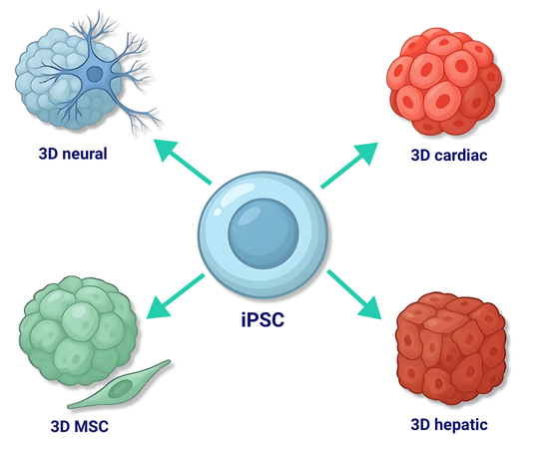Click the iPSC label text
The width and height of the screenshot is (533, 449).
(x=263, y=319)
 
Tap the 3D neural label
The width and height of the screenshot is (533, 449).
(x=73, y=154)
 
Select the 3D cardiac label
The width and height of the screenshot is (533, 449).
(x=449, y=155)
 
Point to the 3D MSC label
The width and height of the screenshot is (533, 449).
(x=80, y=426)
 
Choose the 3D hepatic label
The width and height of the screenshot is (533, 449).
(x=449, y=425)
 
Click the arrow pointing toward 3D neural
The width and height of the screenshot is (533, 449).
(x=183, y=162)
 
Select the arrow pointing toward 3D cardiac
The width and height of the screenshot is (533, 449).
(x=349, y=165)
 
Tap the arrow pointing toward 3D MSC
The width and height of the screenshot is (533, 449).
(x=176, y=296)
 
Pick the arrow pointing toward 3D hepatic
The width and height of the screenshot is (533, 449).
(x=354, y=294)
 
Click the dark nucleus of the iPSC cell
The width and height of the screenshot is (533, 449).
(x=264, y=233)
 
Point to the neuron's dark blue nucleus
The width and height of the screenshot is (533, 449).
(x=94, y=74)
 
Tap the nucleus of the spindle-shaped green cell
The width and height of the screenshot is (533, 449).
(x=121, y=388)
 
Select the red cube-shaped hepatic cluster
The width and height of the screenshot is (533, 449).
(x=451, y=348)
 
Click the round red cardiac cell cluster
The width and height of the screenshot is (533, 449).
(x=444, y=82)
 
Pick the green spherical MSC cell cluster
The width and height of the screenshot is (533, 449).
(x=78, y=330)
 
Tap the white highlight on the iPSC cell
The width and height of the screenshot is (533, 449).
(x=232, y=199)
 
